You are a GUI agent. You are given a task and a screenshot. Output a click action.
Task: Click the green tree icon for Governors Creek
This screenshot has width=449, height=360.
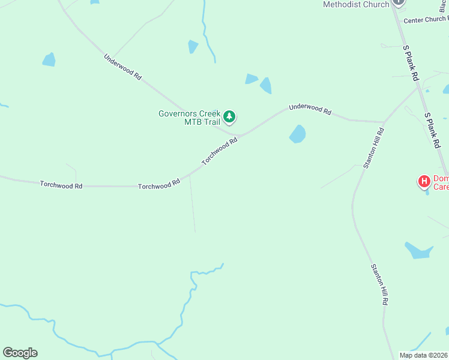pos(229,116)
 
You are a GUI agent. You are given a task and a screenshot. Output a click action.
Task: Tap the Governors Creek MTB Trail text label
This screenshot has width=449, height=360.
pos(189,118)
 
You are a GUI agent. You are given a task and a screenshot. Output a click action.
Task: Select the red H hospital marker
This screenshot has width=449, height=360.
pos(424,181)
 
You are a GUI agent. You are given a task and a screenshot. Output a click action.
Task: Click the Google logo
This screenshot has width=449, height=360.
pos(20,353)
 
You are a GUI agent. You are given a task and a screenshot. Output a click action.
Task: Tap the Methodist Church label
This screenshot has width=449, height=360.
pos(356,4)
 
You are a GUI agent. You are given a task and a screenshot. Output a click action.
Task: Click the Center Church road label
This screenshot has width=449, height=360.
pos(426,20)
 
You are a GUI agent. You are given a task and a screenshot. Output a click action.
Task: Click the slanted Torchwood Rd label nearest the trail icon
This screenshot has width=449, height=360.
pos(220,151)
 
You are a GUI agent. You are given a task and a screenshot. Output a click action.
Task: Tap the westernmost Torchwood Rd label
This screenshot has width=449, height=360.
pos(61,185)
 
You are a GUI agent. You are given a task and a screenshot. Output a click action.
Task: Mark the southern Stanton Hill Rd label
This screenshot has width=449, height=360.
pos(379,284)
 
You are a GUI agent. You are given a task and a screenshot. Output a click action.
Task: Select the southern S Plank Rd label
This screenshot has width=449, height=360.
pos(432,130)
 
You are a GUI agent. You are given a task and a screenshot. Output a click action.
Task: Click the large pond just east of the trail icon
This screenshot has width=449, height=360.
pos(297,134)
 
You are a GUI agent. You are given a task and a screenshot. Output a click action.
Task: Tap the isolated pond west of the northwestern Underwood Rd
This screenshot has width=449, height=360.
pos(49,59)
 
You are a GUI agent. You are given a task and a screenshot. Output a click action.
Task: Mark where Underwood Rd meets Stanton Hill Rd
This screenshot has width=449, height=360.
pos(384,122)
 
